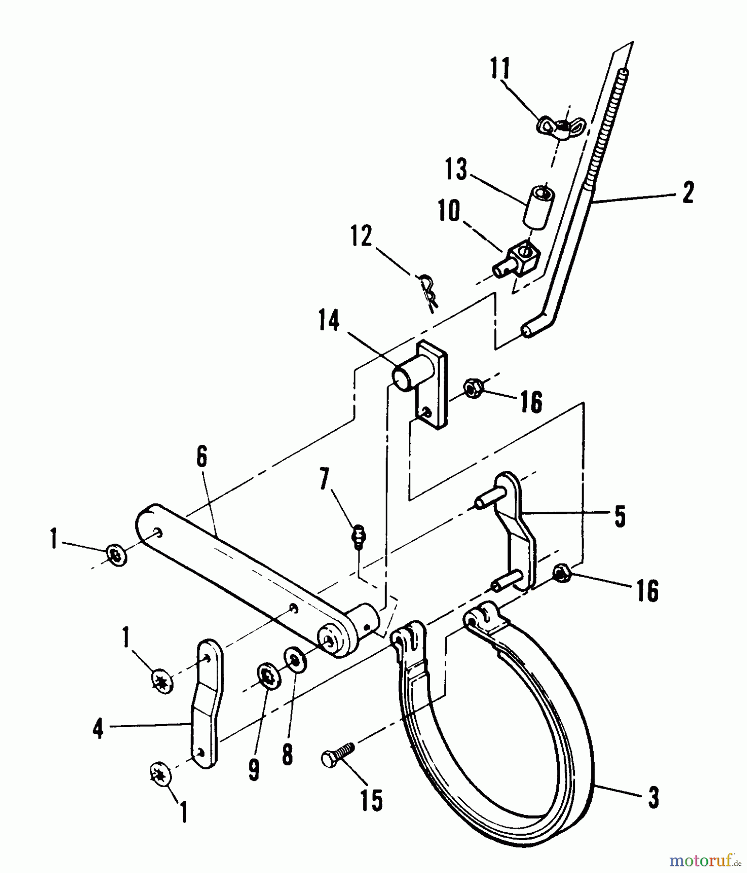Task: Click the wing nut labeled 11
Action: coord(561,125)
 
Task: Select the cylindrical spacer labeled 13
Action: coord(539,205)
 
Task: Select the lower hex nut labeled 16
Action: coord(562,573)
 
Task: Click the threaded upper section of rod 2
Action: coord(608,131)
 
